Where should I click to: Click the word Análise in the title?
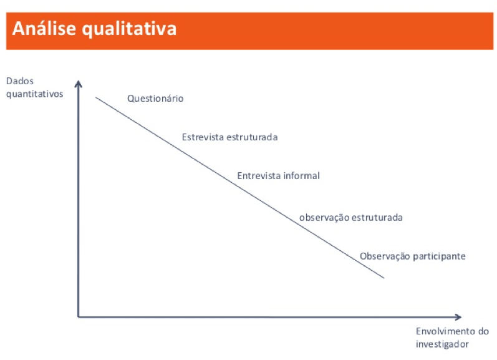pos(45,29)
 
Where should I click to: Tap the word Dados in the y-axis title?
pos(19,82)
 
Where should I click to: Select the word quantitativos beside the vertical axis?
pos(35,94)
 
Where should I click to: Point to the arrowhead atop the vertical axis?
pos(78,84)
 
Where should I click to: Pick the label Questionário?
pos(155,99)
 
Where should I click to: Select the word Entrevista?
pos(259,176)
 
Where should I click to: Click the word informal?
pos(301,176)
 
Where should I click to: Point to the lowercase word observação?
pos(324,218)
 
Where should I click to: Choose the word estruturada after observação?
pos(377,218)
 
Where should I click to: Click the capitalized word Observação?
pos(385,256)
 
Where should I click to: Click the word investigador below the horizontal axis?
pos(442,344)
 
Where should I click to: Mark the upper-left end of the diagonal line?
pos(96,97)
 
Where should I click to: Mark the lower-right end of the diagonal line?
pos(384,278)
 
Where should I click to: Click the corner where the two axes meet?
pos(78,317)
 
